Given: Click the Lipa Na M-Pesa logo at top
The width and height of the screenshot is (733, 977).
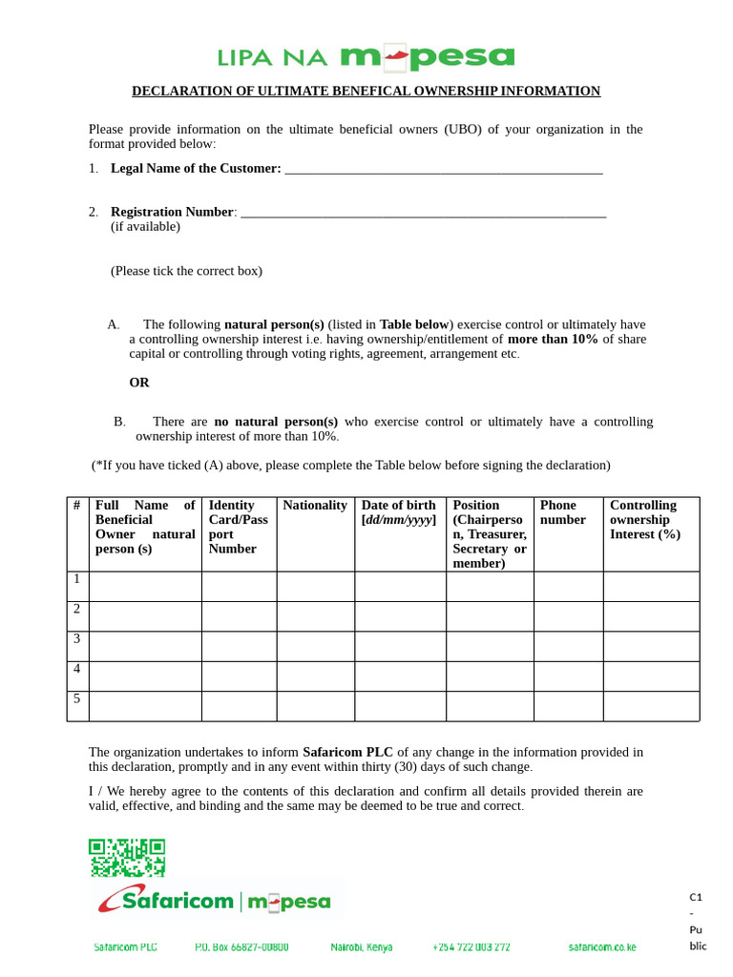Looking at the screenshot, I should (366, 57).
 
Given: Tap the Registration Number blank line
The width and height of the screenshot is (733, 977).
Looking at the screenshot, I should (423, 214).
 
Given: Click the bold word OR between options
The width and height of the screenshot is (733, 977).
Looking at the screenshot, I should (139, 383).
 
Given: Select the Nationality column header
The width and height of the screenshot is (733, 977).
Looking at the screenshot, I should (315, 506).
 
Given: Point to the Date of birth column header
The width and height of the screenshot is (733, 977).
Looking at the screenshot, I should (399, 512).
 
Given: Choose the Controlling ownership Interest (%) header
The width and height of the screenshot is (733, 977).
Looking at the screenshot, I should (645, 520).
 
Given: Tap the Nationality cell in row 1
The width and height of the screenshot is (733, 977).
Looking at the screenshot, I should (315, 586).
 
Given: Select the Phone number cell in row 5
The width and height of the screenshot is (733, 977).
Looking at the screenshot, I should (568, 706).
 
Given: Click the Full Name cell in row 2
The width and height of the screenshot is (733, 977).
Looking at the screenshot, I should (145, 616).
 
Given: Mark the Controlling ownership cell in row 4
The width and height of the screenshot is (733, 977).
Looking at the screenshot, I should (651, 676).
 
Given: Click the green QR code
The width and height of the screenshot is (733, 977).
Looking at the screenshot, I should (127, 858).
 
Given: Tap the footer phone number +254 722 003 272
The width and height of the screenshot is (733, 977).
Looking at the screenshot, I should (471, 947).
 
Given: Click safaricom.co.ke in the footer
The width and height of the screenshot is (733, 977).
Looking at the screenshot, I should (602, 947).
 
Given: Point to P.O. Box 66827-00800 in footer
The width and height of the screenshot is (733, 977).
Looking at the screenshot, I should (241, 947).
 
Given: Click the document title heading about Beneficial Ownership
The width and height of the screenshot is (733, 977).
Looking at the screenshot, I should (366, 92).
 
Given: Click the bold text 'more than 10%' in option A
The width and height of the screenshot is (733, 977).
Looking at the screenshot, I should (553, 339).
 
